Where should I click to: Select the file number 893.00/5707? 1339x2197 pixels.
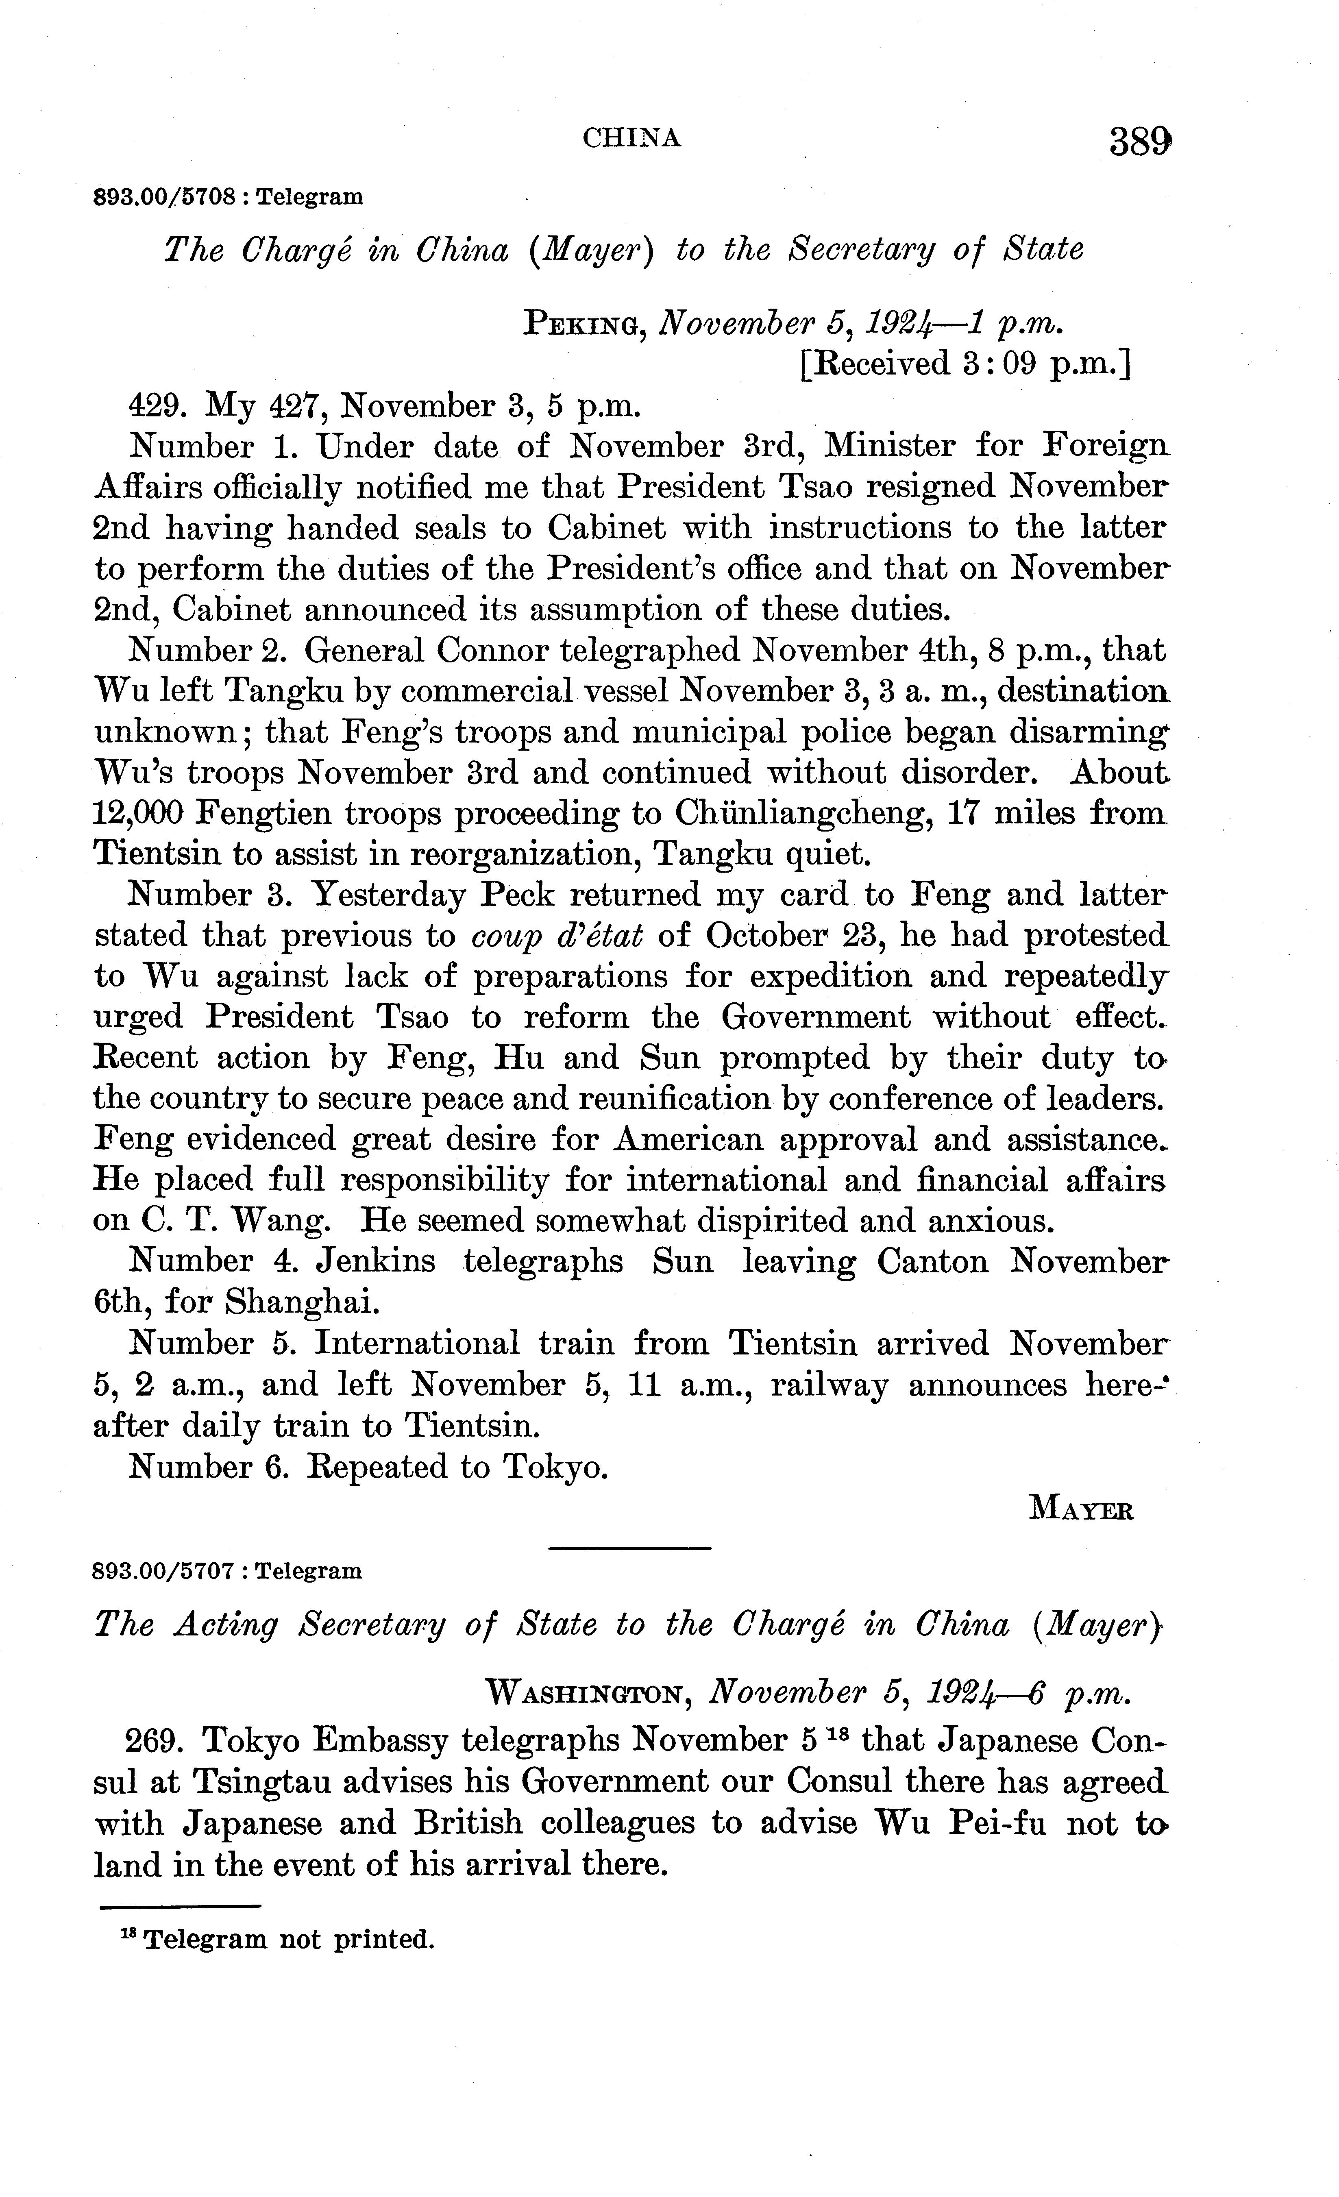click(x=165, y=1570)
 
